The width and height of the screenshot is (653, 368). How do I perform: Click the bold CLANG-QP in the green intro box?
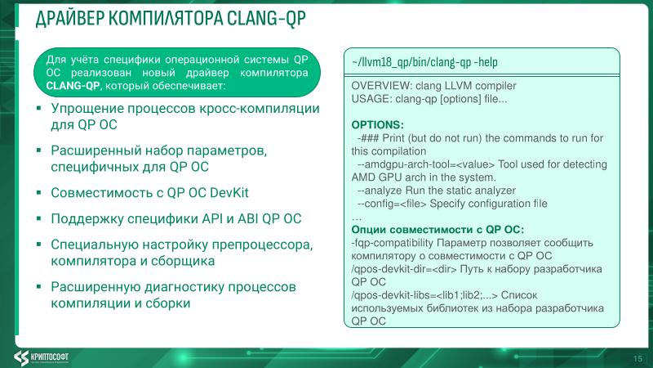pyautogui.click(x=73, y=85)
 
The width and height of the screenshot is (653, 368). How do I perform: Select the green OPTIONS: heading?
pyautogui.click(x=377, y=124)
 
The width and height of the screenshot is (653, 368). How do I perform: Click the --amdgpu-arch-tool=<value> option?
pyautogui.click(x=419, y=164)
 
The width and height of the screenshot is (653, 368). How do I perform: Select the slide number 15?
pyautogui.click(x=637, y=358)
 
